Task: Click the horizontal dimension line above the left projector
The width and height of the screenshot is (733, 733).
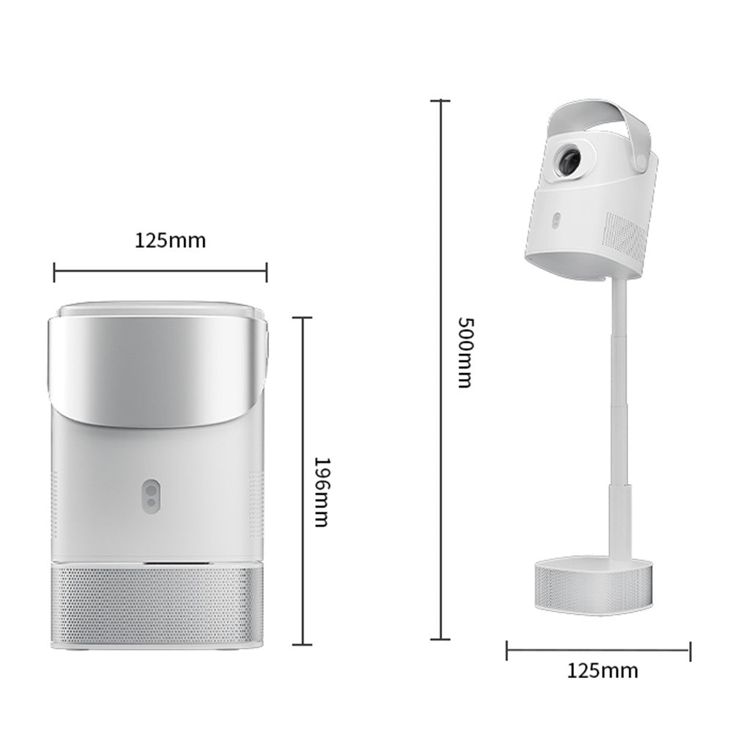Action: tap(161, 273)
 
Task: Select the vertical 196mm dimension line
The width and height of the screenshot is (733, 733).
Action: tap(303, 481)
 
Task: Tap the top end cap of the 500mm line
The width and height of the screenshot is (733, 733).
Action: tap(440, 100)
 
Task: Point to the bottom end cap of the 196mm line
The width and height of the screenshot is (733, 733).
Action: tap(303, 645)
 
